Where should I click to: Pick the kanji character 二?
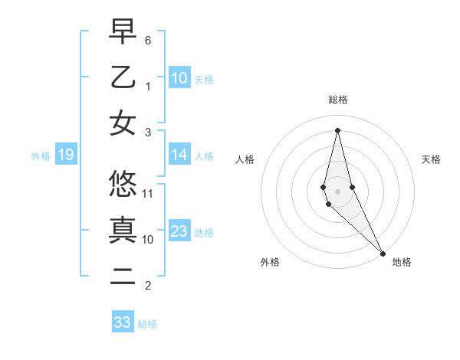(123, 276)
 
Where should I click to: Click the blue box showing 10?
(179, 78)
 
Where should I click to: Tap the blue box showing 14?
(179, 155)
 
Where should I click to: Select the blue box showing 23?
(179, 232)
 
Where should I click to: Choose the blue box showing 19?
(66, 155)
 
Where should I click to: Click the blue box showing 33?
(123, 322)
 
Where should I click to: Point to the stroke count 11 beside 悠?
(148, 193)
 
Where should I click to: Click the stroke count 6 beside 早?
(148, 40)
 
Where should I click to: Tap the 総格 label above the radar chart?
(337, 100)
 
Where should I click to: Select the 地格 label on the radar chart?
(402, 262)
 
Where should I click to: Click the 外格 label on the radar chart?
(270, 262)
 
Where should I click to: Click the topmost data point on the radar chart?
(337, 129)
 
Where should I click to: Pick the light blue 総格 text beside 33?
(147, 324)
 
